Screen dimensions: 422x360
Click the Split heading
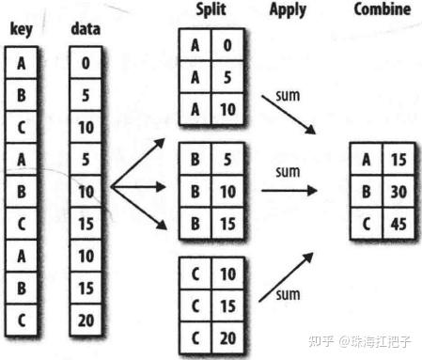point(211,9)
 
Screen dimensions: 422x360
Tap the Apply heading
point(288,10)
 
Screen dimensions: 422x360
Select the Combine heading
point(383,9)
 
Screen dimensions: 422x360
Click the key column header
point(22,30)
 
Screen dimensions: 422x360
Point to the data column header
point(86,29)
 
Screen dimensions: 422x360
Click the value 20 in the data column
point(86,321)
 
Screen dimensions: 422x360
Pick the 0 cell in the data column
point(86,63)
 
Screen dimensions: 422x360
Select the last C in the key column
point(22,321)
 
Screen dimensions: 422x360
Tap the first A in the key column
point(22,63)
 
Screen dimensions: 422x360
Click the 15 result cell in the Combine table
point(399,159)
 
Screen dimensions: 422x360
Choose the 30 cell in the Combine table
point(399,192)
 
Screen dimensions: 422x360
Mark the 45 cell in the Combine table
point(399,224)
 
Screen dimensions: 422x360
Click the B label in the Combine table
point(366,192)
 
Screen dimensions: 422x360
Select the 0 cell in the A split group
point(227,45)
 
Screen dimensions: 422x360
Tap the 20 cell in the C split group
point(227,338)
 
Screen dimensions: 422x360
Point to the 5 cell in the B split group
point(227,159)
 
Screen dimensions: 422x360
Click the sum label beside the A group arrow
point(288,96)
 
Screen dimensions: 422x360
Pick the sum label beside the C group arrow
point(288,295)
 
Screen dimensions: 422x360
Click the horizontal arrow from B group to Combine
point(289,190)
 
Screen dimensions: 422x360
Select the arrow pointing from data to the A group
point(138,163)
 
